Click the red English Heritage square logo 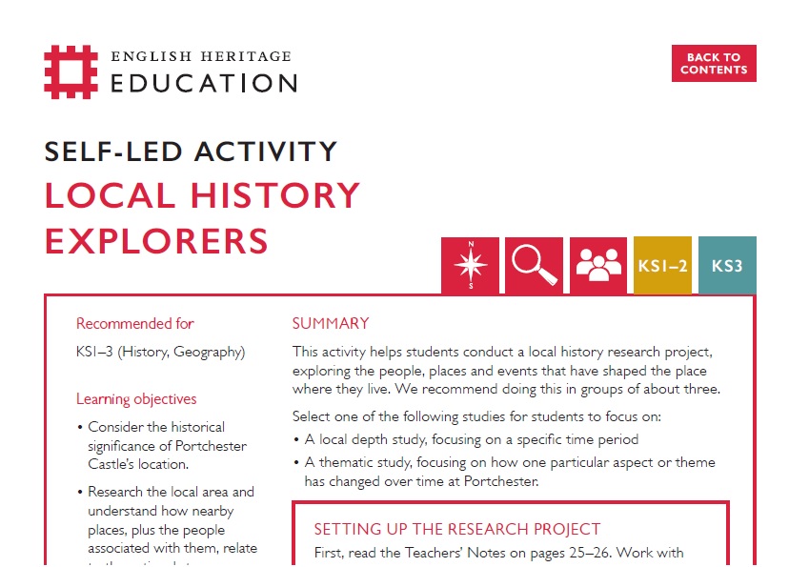tap(71, 72)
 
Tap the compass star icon tap(470, 265)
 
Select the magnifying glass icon tap(535, 265)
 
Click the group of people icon tap(598, 265)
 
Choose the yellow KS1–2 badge tap(662, 266)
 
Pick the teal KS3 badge tap(727, 266)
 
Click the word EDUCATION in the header tap(204, 83)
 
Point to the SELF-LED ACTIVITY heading tap(191, 152)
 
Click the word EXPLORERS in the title tap(156, 240)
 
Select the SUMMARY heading tap(331, 324)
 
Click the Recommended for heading tap(135, 324)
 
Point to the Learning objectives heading tap(136, 399)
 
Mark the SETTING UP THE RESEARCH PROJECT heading tap(457, 529)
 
